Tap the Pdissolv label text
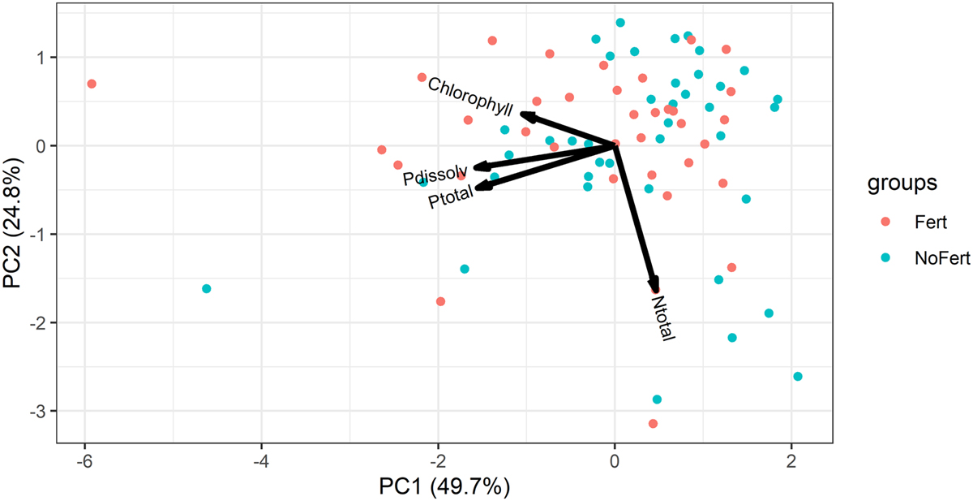435,174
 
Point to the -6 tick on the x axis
84,459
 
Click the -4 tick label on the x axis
261,459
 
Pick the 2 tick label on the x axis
791,459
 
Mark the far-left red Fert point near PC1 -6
92,84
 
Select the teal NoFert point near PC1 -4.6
206,289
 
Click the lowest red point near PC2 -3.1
653,423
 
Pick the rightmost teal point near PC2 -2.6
797,376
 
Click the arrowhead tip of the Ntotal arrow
654,289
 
